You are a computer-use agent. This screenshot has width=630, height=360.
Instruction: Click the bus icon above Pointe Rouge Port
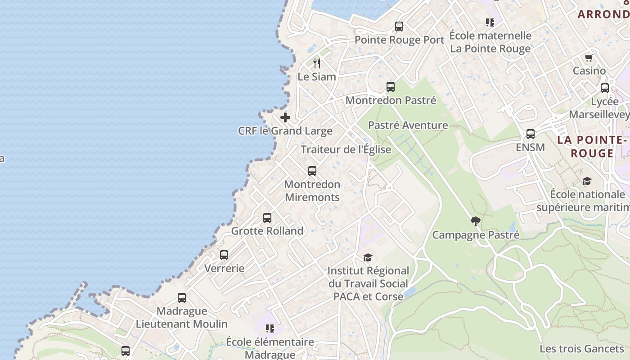[399, 27]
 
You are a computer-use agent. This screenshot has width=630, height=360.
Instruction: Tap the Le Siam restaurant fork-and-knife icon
[317, 63]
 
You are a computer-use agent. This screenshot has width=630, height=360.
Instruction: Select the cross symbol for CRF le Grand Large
[285, 118]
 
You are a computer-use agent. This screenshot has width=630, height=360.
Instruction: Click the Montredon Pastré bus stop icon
[391, 87]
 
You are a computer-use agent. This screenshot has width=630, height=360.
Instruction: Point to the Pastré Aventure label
[408, 125]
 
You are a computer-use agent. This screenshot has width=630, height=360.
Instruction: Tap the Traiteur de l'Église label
[346, 149]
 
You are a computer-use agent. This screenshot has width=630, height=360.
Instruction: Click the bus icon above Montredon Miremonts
[312, 171]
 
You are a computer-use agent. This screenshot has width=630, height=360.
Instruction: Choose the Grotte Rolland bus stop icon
[267, 218]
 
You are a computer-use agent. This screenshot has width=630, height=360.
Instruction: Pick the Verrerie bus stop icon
[224, 255]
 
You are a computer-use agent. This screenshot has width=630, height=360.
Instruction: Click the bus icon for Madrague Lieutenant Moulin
[182, 298]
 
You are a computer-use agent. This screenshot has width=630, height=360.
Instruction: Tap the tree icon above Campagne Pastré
[475, 221]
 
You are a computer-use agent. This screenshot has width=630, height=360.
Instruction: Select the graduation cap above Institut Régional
[368, 257]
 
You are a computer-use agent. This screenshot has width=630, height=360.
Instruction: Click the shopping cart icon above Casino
[589, 58]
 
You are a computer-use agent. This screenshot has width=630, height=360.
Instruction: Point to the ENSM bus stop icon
[531, 134]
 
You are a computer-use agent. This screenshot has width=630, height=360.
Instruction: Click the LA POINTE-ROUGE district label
[592, 147]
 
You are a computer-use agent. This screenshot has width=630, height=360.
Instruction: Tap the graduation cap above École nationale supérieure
[587, 181]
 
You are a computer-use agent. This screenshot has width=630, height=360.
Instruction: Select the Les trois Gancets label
[581, 348]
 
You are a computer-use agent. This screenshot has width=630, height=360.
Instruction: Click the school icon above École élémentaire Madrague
[270, 328]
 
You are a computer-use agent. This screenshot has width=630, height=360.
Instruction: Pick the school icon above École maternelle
[490, 22]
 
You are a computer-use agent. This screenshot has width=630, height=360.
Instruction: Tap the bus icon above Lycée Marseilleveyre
[605, 88]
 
